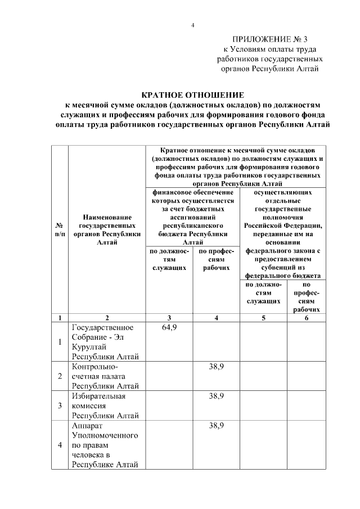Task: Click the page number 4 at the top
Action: (x=193, y=25)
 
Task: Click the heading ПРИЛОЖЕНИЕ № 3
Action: (x=270, y=40)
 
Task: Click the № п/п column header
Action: (x=59, y=229)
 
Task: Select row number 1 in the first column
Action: (x=60, y=342)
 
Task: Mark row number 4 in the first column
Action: (x=60, y=445)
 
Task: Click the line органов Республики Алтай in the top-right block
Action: (x=270, y=69)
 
